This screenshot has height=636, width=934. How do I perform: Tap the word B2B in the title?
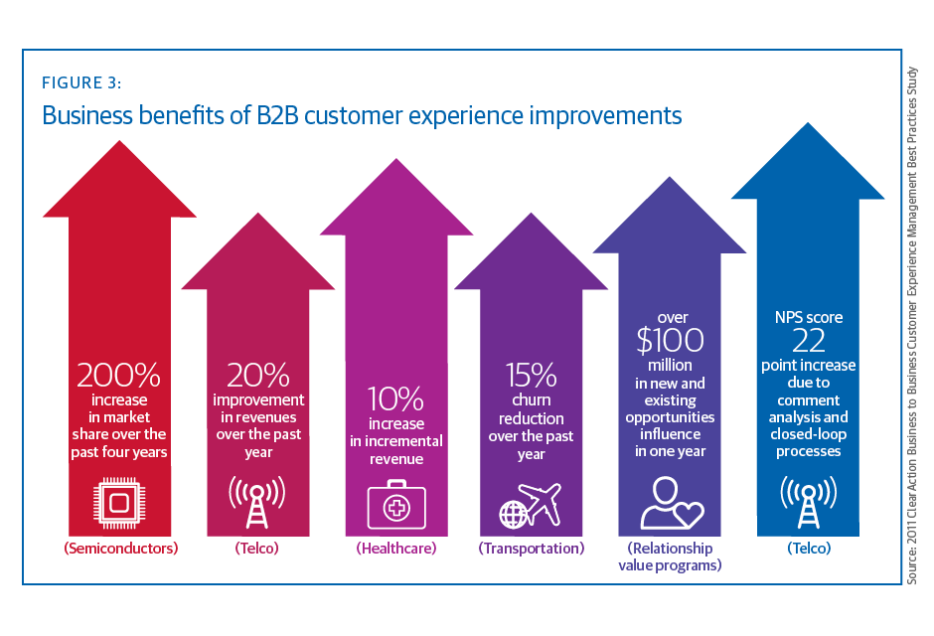pos(274,115)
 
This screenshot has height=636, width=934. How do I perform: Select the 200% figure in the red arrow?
pos(118,376)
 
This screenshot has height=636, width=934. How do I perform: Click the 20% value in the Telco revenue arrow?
pos(257,376)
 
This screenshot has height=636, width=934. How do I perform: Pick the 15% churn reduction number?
pos(531,376)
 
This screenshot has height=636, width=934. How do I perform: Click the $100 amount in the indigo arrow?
pos(670,341)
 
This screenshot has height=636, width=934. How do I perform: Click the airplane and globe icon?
pos(530,505)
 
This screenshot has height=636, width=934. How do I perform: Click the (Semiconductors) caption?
pos(119,548)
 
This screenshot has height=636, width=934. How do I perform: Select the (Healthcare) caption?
pos(395,548)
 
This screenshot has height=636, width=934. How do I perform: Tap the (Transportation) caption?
pos(532,548)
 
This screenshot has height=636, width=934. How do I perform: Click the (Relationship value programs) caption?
pos(670,556)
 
